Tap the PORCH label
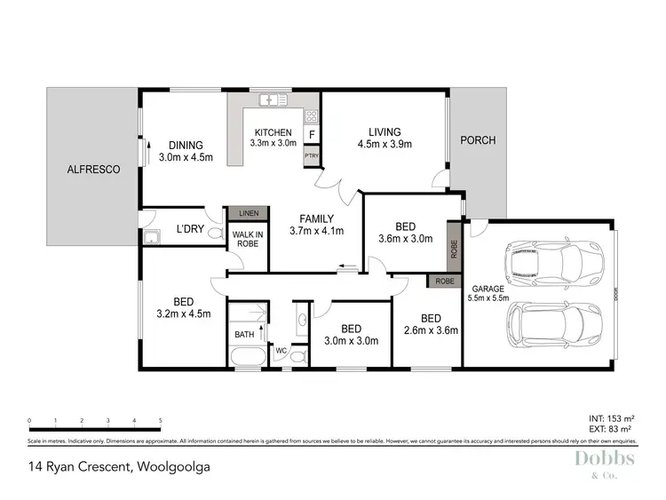point(478,140)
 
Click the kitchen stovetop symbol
point(312,115)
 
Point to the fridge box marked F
point(312,135)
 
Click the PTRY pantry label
point(312,155)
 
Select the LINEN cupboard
point(249,214)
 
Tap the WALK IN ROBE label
point(248,240)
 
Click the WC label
point(280,351)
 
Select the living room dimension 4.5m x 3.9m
point(385,144)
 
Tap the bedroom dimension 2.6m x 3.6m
point(431,330)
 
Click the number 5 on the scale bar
point(160,420)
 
